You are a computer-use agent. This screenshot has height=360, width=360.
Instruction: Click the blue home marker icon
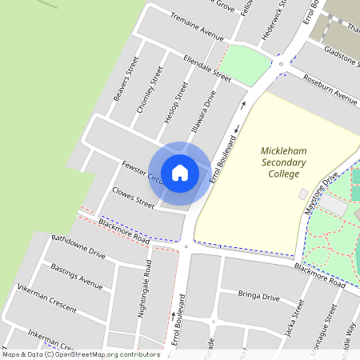pyautogui.click(x=180, y=172)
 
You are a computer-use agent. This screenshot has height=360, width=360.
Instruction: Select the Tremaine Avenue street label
pyautogui.click(x=194, y=25)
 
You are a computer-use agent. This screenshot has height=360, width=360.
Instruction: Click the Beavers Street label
pyautogui.click(x=126, y=80)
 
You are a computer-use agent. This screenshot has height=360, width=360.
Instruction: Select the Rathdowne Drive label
pyautogui.click(x=78, y=246)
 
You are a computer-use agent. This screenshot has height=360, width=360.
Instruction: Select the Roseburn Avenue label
pyautogui.click(x=329, y=90)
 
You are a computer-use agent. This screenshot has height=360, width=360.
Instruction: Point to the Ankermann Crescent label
pyautogui.click(x=46, y=300)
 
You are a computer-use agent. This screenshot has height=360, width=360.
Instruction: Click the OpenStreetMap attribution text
pyautogui.click(x=81, y=354)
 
